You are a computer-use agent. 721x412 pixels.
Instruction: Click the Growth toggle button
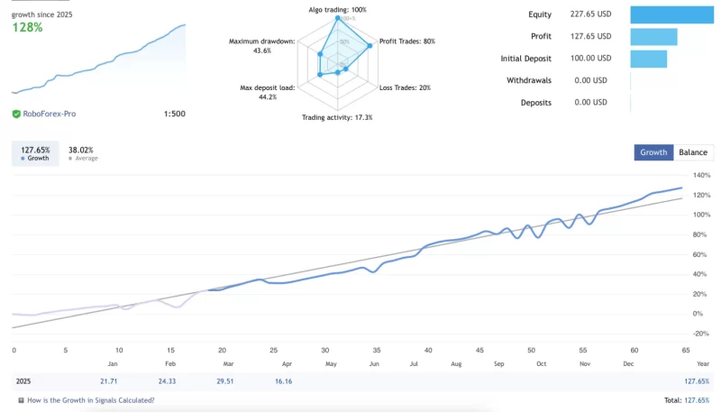coord(653,152)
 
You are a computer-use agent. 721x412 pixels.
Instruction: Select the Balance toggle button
coord(693,152)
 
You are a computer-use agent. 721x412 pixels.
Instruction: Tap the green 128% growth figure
coord(27,27)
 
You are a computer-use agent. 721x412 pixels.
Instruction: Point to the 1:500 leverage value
coord(174,114)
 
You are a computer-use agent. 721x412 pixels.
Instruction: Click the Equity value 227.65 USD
coord(590,14)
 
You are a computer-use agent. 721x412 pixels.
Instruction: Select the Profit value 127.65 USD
coord(590,37)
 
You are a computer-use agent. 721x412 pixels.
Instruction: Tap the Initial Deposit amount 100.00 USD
coord(590,59)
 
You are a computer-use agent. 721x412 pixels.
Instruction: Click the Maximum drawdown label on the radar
coord(261,41)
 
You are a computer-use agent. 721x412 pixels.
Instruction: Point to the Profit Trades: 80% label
coord(406,41)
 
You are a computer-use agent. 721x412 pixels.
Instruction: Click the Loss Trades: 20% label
coord(405,87)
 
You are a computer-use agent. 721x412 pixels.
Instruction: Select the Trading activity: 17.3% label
coord(337,117)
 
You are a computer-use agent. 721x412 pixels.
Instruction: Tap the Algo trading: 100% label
coord(337,10)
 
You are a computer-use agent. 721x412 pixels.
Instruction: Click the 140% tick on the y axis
coord(702,175)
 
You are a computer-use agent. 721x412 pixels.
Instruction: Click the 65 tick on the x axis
coord(686,350)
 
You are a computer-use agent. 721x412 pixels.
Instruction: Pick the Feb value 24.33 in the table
coord(167,381)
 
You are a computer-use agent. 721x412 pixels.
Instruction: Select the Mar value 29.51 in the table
coord(224,381)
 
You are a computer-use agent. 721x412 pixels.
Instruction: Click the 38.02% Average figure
coord(81,150)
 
